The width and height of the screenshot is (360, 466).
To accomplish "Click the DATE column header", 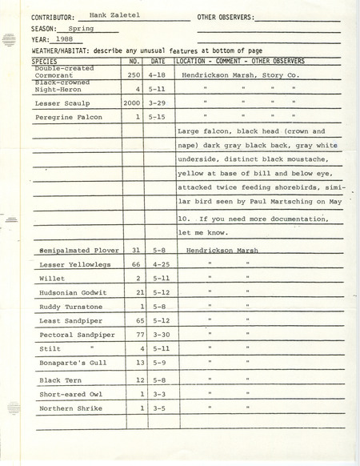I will [x=158, y=62].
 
